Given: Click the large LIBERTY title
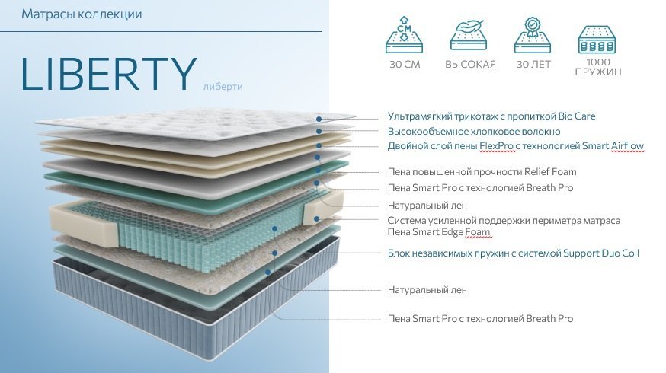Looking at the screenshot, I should click(x=109, y=74).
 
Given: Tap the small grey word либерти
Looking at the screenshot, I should click(x=223, y=86).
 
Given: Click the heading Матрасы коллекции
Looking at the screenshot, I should click(x=82, y=14).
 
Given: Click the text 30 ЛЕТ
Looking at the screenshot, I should click(x=533, y=65).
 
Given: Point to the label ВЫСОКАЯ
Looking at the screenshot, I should click(x=470, y=65).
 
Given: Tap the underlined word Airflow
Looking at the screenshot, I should click(x=623, y=145).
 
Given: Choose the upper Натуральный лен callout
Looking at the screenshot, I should click(x=427, y=205).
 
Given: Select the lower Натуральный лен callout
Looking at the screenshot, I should click(x=427, y=289).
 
